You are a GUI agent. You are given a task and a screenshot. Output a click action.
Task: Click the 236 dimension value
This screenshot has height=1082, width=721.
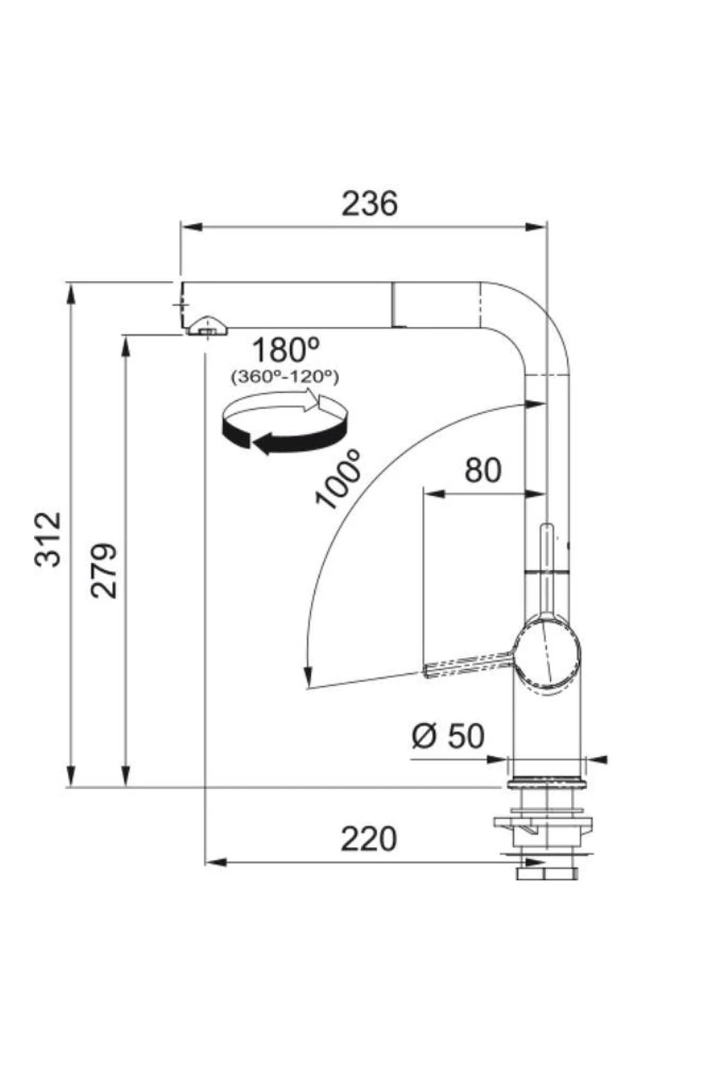(370, 204)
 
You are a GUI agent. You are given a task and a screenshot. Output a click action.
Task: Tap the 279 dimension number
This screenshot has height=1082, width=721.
(104, 570)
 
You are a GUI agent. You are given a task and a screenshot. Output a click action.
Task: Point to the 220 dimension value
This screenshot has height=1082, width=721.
(369, 839)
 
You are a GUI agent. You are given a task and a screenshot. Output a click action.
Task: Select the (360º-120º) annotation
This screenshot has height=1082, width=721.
(285, 377)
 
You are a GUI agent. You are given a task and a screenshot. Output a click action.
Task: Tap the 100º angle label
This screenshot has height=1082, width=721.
(339, 479)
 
